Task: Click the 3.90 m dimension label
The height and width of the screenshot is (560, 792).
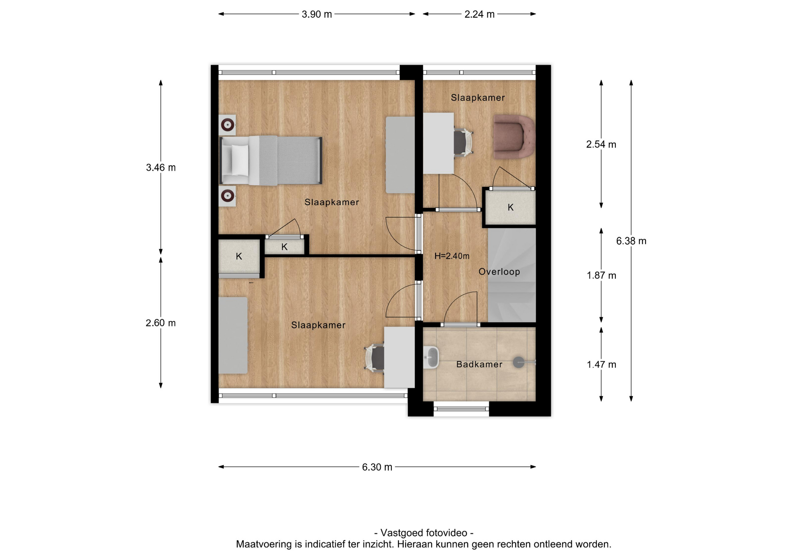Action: [x=316, y=14]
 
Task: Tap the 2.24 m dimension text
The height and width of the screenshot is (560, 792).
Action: [x=479, y=14]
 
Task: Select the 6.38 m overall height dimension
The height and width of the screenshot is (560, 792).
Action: [x=631, y=241]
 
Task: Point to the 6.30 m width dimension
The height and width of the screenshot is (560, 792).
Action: [x=377, y=467]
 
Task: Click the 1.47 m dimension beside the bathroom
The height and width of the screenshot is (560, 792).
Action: [x=601, y=365]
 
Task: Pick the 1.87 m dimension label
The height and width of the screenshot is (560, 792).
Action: [x=601, y=275]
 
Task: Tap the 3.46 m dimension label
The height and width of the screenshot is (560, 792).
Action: [x=161, y=167]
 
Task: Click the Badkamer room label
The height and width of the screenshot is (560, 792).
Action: [x=479, y=365]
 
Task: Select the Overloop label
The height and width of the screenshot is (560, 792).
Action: [x=499, y=272]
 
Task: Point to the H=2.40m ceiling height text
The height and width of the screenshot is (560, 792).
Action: [x=452, y=256]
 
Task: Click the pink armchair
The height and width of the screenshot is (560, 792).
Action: [x=514, y=137]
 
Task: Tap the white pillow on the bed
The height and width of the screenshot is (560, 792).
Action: [x=240, y=160]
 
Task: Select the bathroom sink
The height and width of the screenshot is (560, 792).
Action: [x=431, y=357]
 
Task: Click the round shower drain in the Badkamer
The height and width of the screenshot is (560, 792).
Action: [x=519, y=362]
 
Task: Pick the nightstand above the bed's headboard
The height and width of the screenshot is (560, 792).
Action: [x=227, y=125]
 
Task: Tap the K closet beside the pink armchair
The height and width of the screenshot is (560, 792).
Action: [x=510, y=207]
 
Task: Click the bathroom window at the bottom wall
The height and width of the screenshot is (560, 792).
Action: [x=461, y=409]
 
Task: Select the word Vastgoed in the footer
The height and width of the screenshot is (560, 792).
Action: [x=402, y=533]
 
